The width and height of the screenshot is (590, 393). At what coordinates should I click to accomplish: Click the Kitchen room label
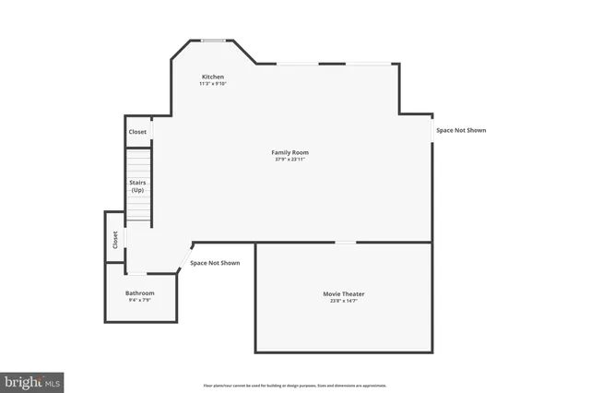(213, 77)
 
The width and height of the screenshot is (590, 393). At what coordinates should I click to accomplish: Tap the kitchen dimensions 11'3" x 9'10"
(213, 84)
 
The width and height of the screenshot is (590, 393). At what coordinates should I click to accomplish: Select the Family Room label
(289, 152)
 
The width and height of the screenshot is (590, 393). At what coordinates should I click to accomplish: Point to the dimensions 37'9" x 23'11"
(289, 160)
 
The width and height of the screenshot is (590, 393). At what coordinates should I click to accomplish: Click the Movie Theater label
(343, 294)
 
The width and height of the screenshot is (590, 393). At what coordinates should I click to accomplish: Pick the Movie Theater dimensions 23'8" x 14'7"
(343, 302)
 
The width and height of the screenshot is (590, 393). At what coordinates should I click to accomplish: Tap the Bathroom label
(140, 293)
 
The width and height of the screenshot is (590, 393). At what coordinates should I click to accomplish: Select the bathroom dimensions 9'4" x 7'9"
(140, 301)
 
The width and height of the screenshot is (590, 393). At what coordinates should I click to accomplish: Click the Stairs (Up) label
(137, 185)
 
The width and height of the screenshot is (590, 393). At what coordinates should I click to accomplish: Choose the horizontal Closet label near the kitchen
(137, 132)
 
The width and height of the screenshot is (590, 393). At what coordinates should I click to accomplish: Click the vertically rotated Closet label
(115, 240)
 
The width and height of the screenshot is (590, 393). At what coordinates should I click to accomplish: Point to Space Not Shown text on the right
(461, 131)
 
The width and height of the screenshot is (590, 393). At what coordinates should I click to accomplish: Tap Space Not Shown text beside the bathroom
(215, 263)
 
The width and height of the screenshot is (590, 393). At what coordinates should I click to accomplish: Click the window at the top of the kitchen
(214, 40)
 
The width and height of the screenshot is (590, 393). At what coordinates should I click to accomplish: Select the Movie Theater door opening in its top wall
(345, 243)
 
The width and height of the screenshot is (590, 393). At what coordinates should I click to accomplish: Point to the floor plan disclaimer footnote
(295, 386)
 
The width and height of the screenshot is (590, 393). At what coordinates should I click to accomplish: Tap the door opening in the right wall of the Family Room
(431, 130)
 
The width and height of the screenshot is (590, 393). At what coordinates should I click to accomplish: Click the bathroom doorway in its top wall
(136, 274)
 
